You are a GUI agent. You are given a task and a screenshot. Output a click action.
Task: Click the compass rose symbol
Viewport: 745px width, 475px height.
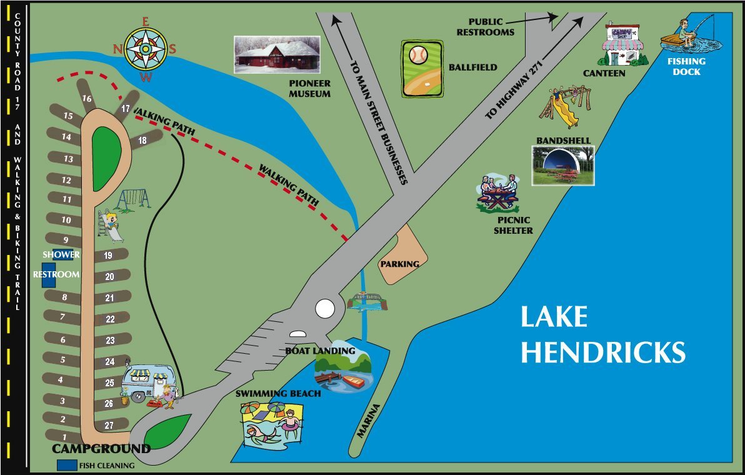coord(145,49)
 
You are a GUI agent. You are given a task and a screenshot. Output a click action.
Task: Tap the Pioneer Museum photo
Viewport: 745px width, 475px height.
coord(276,55)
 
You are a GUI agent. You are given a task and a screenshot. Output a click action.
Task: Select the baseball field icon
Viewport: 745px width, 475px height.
coord(422,69)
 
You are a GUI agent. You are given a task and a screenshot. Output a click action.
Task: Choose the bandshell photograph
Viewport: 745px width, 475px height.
coord(562,166)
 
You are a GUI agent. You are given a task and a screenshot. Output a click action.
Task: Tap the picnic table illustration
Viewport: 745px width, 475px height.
coord(498,193)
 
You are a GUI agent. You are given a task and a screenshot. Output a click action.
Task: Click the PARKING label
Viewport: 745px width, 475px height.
coord(400,264)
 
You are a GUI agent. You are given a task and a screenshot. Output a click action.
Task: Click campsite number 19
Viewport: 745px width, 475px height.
coord(107,255)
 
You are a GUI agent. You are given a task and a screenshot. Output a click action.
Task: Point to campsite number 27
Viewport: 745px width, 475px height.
coord(109,426)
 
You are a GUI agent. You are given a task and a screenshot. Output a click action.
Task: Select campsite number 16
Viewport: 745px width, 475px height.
coord(87,98)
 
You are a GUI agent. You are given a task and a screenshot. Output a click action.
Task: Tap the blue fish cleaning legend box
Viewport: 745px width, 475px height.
coord(67,465)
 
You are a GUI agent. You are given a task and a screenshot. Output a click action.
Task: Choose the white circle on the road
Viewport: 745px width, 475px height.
coord(324,308)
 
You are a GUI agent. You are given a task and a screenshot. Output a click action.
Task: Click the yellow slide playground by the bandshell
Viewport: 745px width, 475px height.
coord(559,107)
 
